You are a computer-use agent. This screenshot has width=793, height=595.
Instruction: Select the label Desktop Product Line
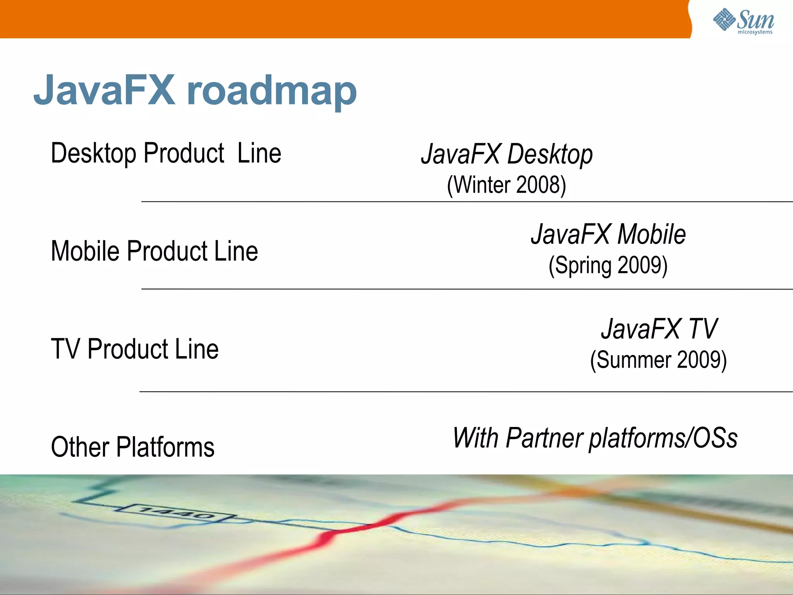pos(166,153)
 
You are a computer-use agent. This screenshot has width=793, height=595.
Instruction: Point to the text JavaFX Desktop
pos(506,154)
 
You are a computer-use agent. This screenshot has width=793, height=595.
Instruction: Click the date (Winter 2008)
pos(506,185)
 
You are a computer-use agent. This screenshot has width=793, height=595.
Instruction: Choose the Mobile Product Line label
pos(154,251)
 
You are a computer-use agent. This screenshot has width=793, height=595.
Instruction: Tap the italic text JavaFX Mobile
pos(608,234)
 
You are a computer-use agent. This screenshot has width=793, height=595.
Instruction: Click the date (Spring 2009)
pos(608,266)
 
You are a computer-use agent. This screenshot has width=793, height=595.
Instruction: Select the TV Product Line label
pos(134,349)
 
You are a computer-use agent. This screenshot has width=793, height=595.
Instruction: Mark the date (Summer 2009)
pos(658,360)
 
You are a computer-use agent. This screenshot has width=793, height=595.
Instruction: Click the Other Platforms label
pos(132,447)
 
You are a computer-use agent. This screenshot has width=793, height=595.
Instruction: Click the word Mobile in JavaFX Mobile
pos(651,234)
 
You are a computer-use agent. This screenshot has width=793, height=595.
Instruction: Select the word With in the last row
pos(475,438)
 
